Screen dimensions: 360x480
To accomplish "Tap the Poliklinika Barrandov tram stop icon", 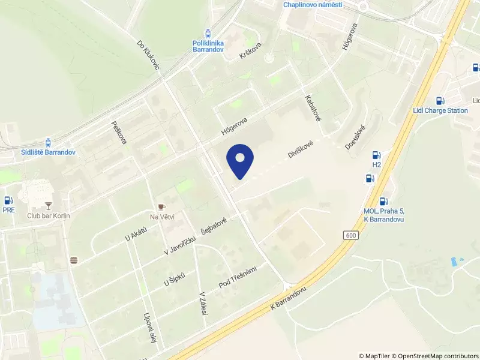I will coord(208,33).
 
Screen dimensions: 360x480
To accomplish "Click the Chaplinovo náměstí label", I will coord(313,5).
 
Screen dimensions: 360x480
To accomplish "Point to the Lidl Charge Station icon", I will coord(440,101).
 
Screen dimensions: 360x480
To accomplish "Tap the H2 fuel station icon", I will coord(377,155).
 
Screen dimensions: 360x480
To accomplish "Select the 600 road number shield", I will coord(352,235).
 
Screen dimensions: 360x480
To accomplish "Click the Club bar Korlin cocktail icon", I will coord(49,205).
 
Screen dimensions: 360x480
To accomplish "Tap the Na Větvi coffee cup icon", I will coord(161,206).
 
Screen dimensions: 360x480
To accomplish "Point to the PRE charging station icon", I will coord(8,200).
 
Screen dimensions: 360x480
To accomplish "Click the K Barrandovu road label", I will coord(289,298).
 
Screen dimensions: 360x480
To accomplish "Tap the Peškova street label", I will coord(119,132).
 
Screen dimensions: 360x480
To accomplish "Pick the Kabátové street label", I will coord(313,108).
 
